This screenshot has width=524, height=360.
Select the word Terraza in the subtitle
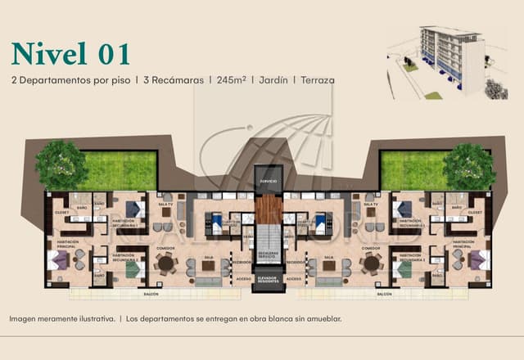(x=318, y=81)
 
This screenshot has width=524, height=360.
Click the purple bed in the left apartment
(x=59, y=260)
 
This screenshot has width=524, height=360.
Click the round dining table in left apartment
(x=165, y=263)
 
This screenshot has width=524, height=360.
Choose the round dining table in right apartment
(x=371, y=263)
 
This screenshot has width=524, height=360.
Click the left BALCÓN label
(x=150, y=293)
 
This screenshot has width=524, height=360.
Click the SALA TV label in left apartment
(x=165, y=203)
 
